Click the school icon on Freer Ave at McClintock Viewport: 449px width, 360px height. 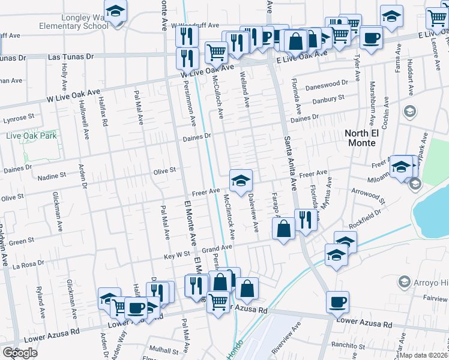pyautogui.click(x=241, y=181)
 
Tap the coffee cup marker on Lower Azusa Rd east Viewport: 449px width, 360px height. pyautogui.click(x=337, y=302)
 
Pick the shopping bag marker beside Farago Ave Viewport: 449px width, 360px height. pyautogui.click(x=284, y=229)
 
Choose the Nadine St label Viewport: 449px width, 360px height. pyautogui.click(x=51, y=176)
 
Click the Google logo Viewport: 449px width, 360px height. pyautogui.click(x=20, y=352)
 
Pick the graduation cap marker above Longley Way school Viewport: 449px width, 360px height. pyautogui.click(x=115, y=11)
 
